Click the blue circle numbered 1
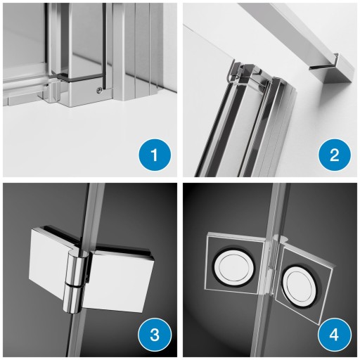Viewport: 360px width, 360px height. [x=155, y=155]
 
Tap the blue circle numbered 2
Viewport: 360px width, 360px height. [x=335, y=155]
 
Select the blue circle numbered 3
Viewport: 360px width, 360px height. [x=155, y=335]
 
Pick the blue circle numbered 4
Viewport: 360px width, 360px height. [x=335, y=335]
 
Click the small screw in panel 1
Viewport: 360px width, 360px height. [x=100, y=89]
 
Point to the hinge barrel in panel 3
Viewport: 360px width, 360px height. [x=73, y=281]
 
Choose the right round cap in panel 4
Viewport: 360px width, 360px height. [x=300, y=285]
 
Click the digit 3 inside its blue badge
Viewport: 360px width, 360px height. [x=155, y=335]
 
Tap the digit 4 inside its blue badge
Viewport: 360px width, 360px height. [x=335, y=335]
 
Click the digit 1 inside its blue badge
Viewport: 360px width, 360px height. [x=155, y=155]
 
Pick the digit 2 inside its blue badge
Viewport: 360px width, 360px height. [x=335, y=155]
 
